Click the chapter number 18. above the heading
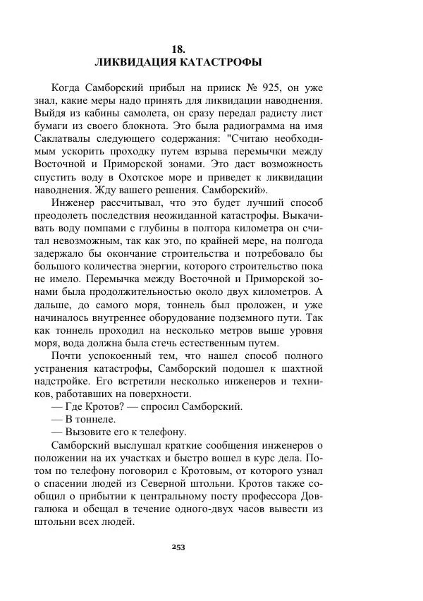click(x=178, y=49)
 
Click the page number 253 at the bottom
click(x=178, y=547)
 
